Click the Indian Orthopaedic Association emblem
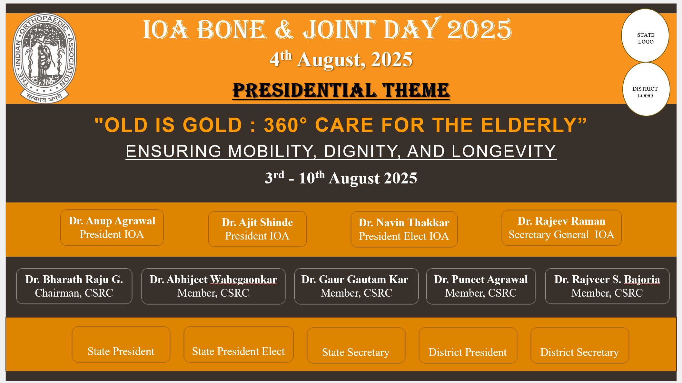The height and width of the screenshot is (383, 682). click(44, 58)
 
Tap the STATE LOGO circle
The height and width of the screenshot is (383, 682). click(645, 35)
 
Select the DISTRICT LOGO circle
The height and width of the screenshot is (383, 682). click(646, 89)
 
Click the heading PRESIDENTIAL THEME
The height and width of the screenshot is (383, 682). click(341, 91)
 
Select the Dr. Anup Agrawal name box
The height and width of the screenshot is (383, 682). click(112, 228)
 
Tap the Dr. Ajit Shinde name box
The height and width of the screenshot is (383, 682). click(257, 229)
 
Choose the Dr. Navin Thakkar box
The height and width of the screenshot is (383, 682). click(404, 229)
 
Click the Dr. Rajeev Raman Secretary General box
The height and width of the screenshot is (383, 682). click(561, 228)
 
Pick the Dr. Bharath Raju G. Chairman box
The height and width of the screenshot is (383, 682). click(74, 286)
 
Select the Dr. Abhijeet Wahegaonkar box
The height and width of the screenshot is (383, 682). click(213, 286)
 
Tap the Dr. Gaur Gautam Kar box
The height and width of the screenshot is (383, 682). click(356, 286)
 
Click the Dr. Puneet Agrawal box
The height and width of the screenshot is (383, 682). click(481, 286)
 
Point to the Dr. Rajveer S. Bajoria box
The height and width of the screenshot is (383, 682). click(607, 286)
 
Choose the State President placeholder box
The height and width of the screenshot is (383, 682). click(121, 344)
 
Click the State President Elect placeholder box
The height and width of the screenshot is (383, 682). click(238, 344)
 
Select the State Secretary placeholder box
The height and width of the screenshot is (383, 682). click(356, 345)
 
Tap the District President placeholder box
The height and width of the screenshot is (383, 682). click(468, 345)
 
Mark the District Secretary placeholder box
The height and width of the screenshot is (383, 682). click(580, 345)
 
